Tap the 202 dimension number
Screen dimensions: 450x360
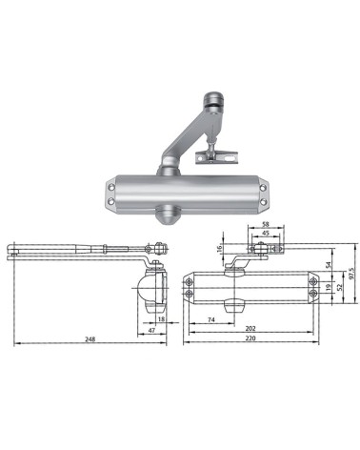pyautogui.click(x=250, y=328)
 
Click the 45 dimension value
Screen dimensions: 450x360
pyautogui.click(x=264, y=233)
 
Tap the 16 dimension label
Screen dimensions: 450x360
pyautogui.click(x=219, y=249)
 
